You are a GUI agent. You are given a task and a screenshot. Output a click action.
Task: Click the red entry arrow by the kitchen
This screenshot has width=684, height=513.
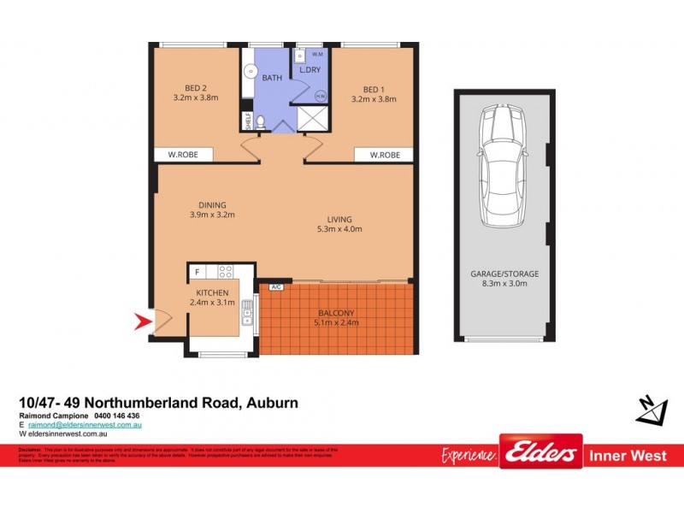[x=143, y=322]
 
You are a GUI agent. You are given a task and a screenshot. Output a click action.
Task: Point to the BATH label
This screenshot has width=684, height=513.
[x=272, y=78]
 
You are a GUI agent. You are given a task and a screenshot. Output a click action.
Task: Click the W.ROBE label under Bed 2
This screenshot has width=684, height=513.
[x=184, y=156]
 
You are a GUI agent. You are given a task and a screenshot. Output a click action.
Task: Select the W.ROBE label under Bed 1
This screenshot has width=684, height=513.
[x=384, y=156]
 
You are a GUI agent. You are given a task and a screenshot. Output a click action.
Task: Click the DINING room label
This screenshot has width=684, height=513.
[x=212, y=204]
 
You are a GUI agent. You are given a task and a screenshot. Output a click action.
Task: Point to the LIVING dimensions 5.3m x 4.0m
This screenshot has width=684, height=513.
[x=339, y=229]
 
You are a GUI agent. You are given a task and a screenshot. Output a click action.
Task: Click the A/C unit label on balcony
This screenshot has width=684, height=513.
[x=276, y=287]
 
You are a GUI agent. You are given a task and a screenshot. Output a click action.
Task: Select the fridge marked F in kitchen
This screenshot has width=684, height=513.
[x=198, y=272]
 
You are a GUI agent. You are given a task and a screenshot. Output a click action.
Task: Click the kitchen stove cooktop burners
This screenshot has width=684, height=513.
[x=226, y=272]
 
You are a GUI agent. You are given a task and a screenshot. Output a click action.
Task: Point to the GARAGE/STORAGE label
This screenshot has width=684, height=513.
[x=504, y=274]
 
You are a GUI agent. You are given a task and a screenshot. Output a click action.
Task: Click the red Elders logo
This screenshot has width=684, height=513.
[x=540, y=453]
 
